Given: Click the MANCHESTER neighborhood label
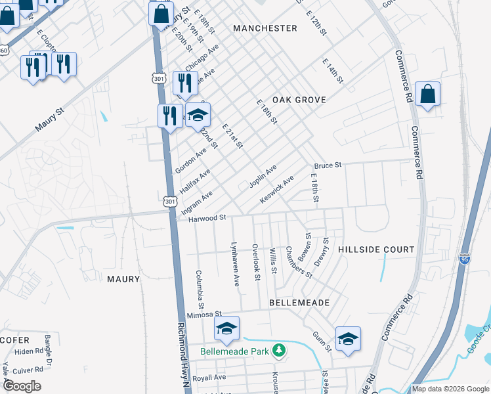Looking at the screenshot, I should click(265, 28).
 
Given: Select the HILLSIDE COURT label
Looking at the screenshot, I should click(376, 250).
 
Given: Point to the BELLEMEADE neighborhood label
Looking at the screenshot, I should click(299, 302).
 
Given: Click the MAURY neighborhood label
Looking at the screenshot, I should click(123, 279).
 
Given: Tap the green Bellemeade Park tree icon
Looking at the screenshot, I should click(280, 351).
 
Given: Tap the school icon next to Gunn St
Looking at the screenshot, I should click(348, 339).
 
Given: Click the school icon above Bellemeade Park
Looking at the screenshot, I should click(226, 328).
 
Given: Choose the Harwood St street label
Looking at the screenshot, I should click(207, 218).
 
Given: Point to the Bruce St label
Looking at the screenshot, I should click(328, 166).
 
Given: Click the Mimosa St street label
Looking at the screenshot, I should click(205, 315).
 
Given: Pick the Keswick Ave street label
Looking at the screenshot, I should click(276, 189).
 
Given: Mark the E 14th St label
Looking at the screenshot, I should click(333, 70).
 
